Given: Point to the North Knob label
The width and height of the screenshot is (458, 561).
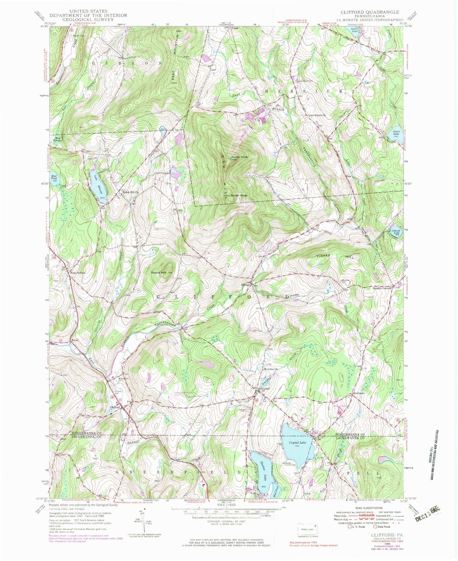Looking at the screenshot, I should click(x=239, y=157).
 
